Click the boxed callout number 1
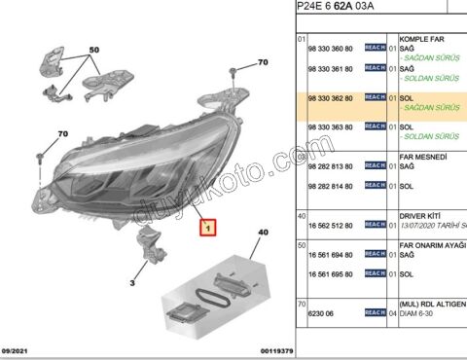click(206, 229)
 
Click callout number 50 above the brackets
click(94, 49)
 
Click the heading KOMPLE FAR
click(421, 37)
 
